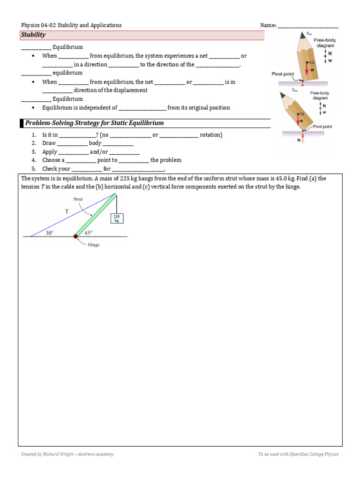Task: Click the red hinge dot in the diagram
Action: [x=75, y=236]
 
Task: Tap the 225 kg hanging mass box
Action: [x=117, y=218]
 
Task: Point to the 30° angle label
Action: [x=50, y=232]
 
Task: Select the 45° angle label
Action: [x=88, y=232]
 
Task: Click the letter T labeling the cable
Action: [x=67, y=211]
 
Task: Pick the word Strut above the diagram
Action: [x=78, y=199]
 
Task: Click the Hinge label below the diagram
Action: [x=93, y=245]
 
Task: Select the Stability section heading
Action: [x=33, y=35]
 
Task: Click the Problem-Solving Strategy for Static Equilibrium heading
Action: [x=94, y=123]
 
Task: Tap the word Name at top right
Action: [x=268, y=25]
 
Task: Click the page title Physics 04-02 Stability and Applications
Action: [x=71, y=25]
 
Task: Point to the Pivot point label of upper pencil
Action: [x=283, y=74]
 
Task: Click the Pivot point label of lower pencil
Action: [x=322, y=127]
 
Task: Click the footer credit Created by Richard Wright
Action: [x=67, y=454]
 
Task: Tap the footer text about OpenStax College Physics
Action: [x=298, y=454]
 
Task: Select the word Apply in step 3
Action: [x=50, y=152]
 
